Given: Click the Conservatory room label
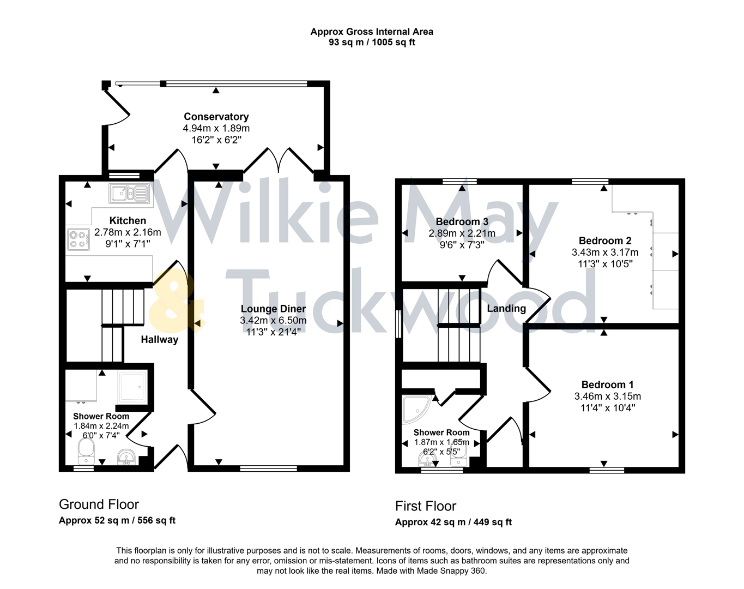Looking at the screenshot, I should click(x=216, y=117).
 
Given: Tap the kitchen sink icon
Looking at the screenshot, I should click(x=130, y=194).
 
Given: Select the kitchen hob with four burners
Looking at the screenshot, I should click(x=78, y=240).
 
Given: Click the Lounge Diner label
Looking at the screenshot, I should click(x=273, y=309).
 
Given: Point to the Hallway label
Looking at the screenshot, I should click(x=159, y=340).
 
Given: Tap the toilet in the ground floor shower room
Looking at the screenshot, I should click(x=86, y=452).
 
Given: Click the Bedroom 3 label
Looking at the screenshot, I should click(x=462, y=222).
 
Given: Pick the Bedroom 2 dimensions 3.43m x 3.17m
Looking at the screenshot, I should click(x=604, y=253).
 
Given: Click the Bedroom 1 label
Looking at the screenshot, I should click(x=607, y=384).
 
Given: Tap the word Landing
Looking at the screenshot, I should click(x=506, y=309).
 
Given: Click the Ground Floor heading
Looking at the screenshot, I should click(x=99, y=504).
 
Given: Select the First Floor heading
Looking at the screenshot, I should click(x=425, y=506).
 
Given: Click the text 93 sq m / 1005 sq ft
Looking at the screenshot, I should click(x=372, y=43).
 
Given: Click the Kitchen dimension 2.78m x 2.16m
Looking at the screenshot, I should click(x=128, y=232).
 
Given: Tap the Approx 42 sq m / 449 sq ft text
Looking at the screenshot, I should click(x=453, y=522).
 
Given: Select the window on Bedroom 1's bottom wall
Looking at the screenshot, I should click(x=607, y=469).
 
